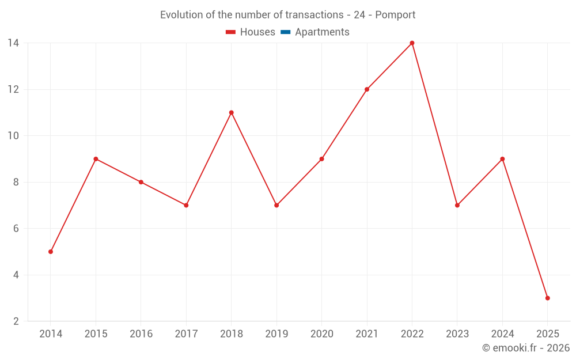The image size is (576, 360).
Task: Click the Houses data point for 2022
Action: point(412,43)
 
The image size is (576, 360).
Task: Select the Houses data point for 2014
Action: point(51,252)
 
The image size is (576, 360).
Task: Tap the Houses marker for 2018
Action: point(232,113)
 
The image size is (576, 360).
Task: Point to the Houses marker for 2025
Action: point(547,298)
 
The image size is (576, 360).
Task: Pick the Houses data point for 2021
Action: point(367,89)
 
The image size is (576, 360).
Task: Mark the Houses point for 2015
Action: point(96,159)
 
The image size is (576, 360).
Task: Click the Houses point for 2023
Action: point(457,205)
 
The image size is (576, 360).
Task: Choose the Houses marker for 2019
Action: point(276,205)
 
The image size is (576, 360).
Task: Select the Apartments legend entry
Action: point(322,32)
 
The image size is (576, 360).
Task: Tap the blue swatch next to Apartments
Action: point(285,32)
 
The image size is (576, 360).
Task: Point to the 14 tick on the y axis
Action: point(13,43)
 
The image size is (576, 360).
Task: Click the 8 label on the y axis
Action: point(16,182)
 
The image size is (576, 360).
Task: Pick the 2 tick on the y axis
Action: point(16,321)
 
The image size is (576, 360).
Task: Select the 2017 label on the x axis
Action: point(186,334)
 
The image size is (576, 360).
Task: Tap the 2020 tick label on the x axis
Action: point(321,334)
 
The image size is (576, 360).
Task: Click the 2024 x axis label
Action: point(502,334)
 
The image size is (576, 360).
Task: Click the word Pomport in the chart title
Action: point(395,15)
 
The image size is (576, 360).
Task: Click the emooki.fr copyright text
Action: point(526,348)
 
